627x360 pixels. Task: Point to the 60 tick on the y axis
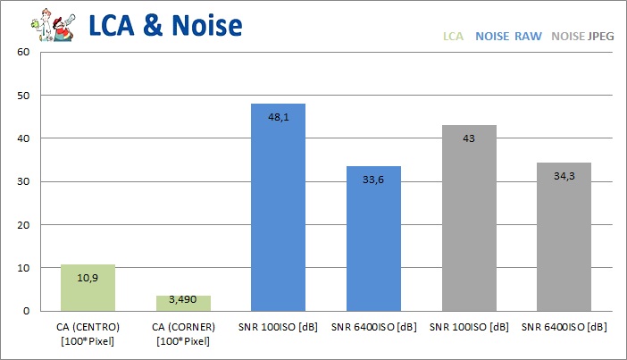click(24, 52)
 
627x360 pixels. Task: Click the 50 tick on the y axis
click(24, 96)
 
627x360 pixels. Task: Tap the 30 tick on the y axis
click(24, 181)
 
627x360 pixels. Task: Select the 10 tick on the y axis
click(24, 268)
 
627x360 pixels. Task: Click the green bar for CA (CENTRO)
click(88, 289)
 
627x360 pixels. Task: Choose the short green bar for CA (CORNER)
click(182, 304)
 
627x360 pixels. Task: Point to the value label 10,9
click(88, 278)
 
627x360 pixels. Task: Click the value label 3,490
click(182, 299)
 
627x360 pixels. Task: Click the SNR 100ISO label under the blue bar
click(278, 326)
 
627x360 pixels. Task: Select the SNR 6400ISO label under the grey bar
click(564, 326)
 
